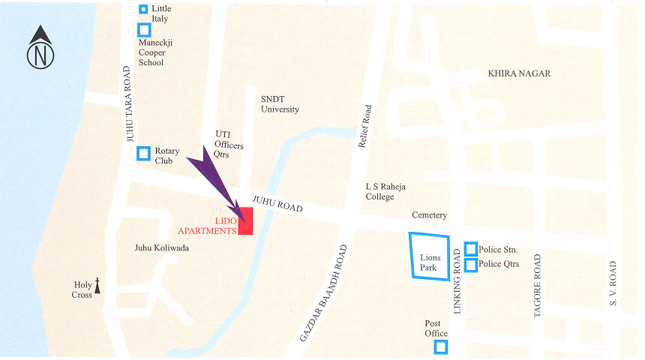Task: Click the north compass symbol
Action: coord(40,48)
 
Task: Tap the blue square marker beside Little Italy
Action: coord(144,9)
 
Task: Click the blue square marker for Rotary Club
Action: coord(143,154)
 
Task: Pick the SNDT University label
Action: coord(280,104)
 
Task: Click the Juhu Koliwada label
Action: coord(162,247)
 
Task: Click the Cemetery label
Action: coord(430,215)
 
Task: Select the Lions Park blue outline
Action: coord(430,256)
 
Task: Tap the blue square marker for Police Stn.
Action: coord(470,248)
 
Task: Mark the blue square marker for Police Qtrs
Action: coord(470,265)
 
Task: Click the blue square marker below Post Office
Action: coord(440,346)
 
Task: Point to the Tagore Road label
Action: coord(537,286)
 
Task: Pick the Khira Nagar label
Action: coord(519,73)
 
